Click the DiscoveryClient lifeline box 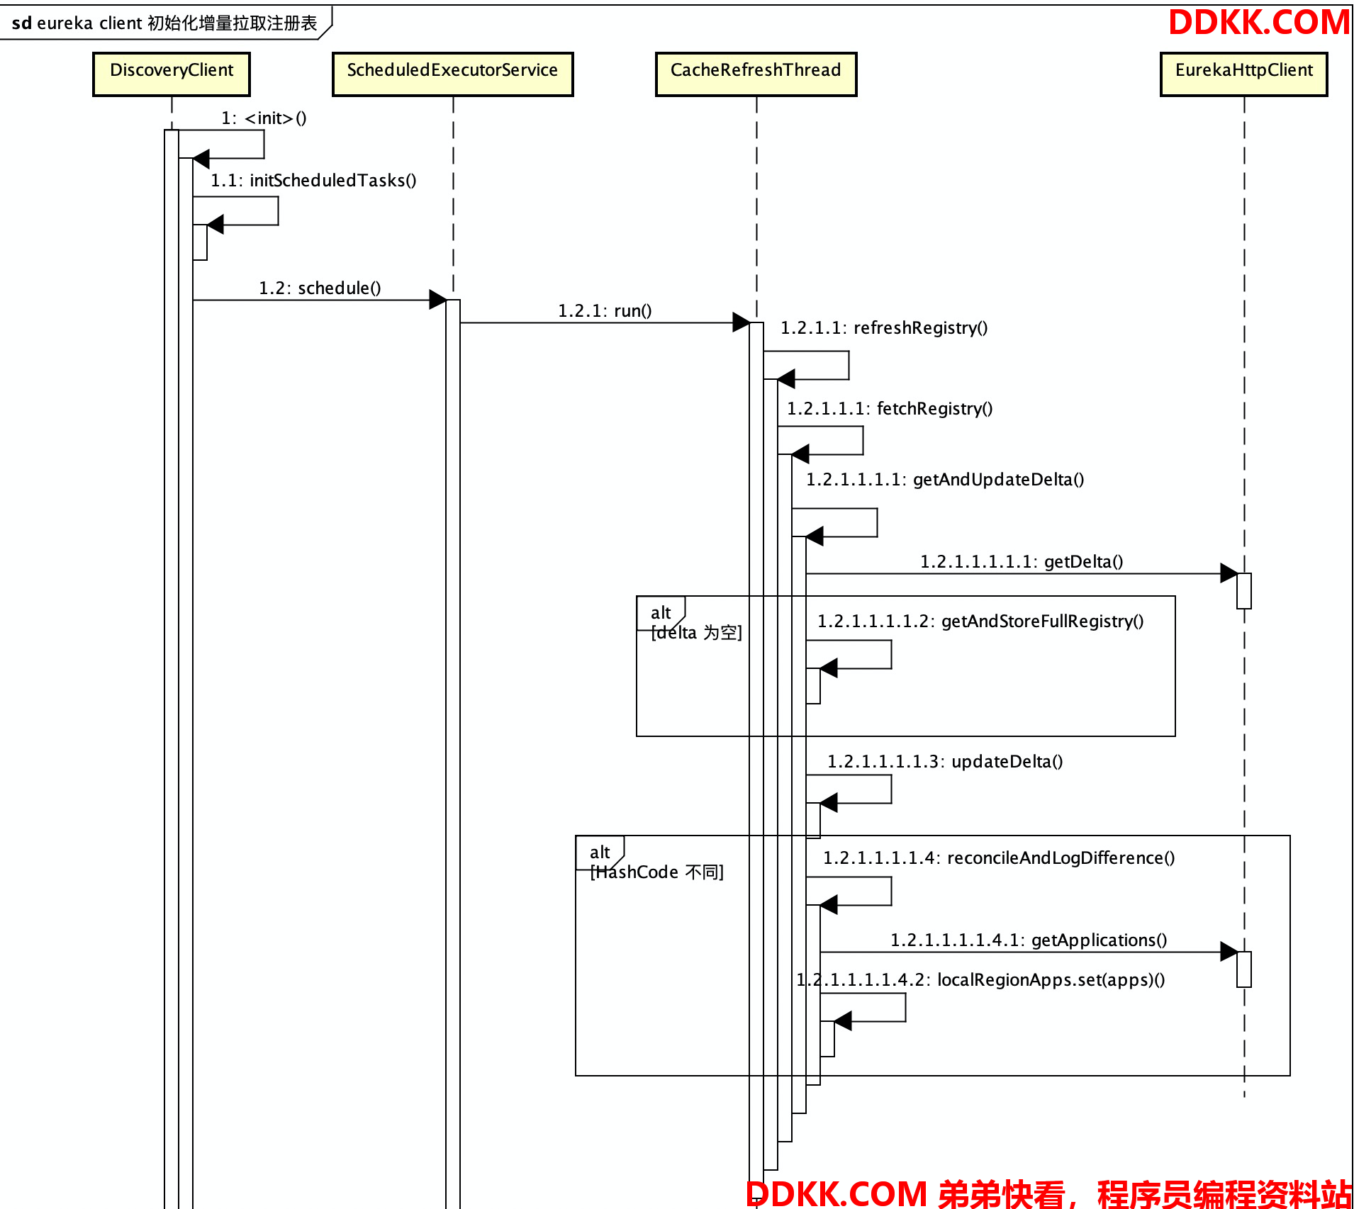[x=172, y=74]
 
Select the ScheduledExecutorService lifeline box [x=452, y=74]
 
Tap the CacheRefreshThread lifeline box [x=756, y=74]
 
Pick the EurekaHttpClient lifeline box [x=1243, y=74]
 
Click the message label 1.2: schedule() [x=320, y=288]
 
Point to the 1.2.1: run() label [x=605, y=311]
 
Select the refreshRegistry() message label [x=884, y=328]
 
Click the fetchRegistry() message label [x=890, y=409]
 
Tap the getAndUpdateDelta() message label [x=945, y=480]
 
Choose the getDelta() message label [x=1022, y=562]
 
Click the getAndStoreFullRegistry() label [x=980, y=622]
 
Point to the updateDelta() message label [x=945, y=762]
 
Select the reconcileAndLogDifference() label [x=999, y=858]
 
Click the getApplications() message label [x=1029, y=940]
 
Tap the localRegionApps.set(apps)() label [x=980, y=980]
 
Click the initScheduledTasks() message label [x=313, y=181]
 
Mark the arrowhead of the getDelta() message [x=1229, y=573]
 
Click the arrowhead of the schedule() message [x=437, y=300]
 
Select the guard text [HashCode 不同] [x=657, y=872]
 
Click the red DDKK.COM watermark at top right [x=1259, y=23]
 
